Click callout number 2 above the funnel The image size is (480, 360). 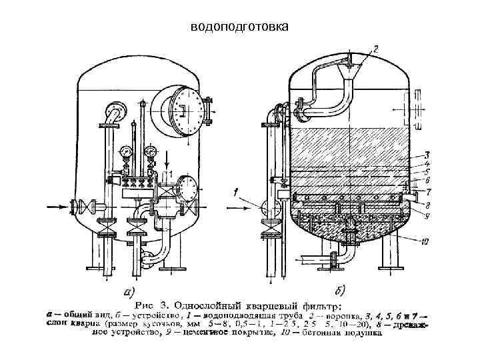coord(375,49)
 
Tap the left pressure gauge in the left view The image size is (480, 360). coord(126,152)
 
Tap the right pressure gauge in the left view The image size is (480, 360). coord(151,151)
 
